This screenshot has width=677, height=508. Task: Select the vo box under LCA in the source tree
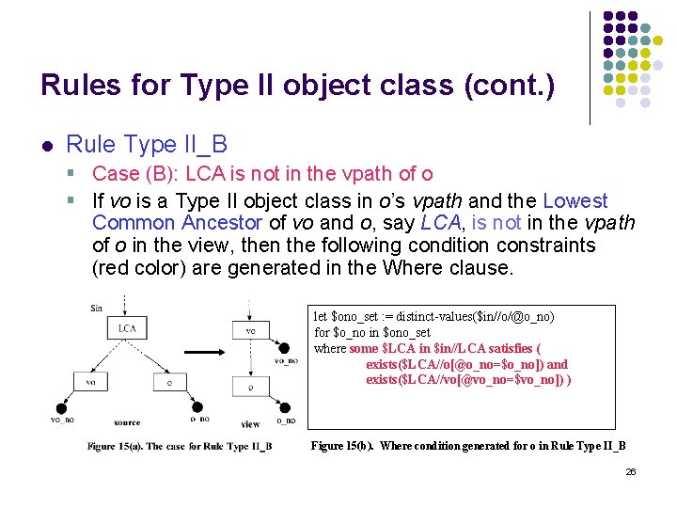(90, 383)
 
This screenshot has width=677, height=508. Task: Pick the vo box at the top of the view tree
(249, 330)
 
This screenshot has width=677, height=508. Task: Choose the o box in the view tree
(249, 387)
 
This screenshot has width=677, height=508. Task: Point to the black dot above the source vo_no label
(61, 407)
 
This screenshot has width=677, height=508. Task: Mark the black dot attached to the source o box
(197, 407)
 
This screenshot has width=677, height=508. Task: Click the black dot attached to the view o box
(283, 407)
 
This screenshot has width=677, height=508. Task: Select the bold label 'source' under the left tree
(126, 423)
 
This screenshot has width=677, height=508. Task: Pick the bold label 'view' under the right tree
(250, 424)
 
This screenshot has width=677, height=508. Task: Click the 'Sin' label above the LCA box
(96, 308)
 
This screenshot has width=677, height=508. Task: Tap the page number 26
(631, 471)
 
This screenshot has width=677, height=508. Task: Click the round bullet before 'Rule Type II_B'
(46, 146)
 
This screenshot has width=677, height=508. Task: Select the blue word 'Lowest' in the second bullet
(575, 201)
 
